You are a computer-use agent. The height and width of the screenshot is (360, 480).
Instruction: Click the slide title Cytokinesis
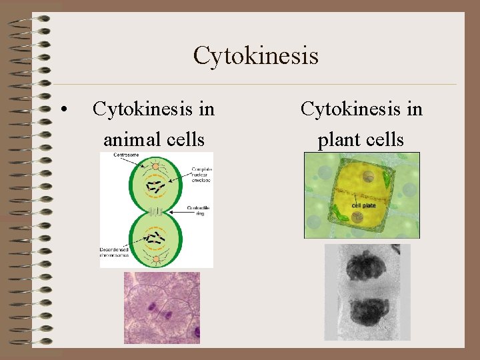255,55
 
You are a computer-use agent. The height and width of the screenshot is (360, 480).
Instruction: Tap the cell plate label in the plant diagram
363,205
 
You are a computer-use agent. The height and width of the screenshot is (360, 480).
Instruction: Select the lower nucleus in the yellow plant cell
357,217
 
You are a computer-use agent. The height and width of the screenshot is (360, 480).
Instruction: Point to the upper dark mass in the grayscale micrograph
365,265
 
